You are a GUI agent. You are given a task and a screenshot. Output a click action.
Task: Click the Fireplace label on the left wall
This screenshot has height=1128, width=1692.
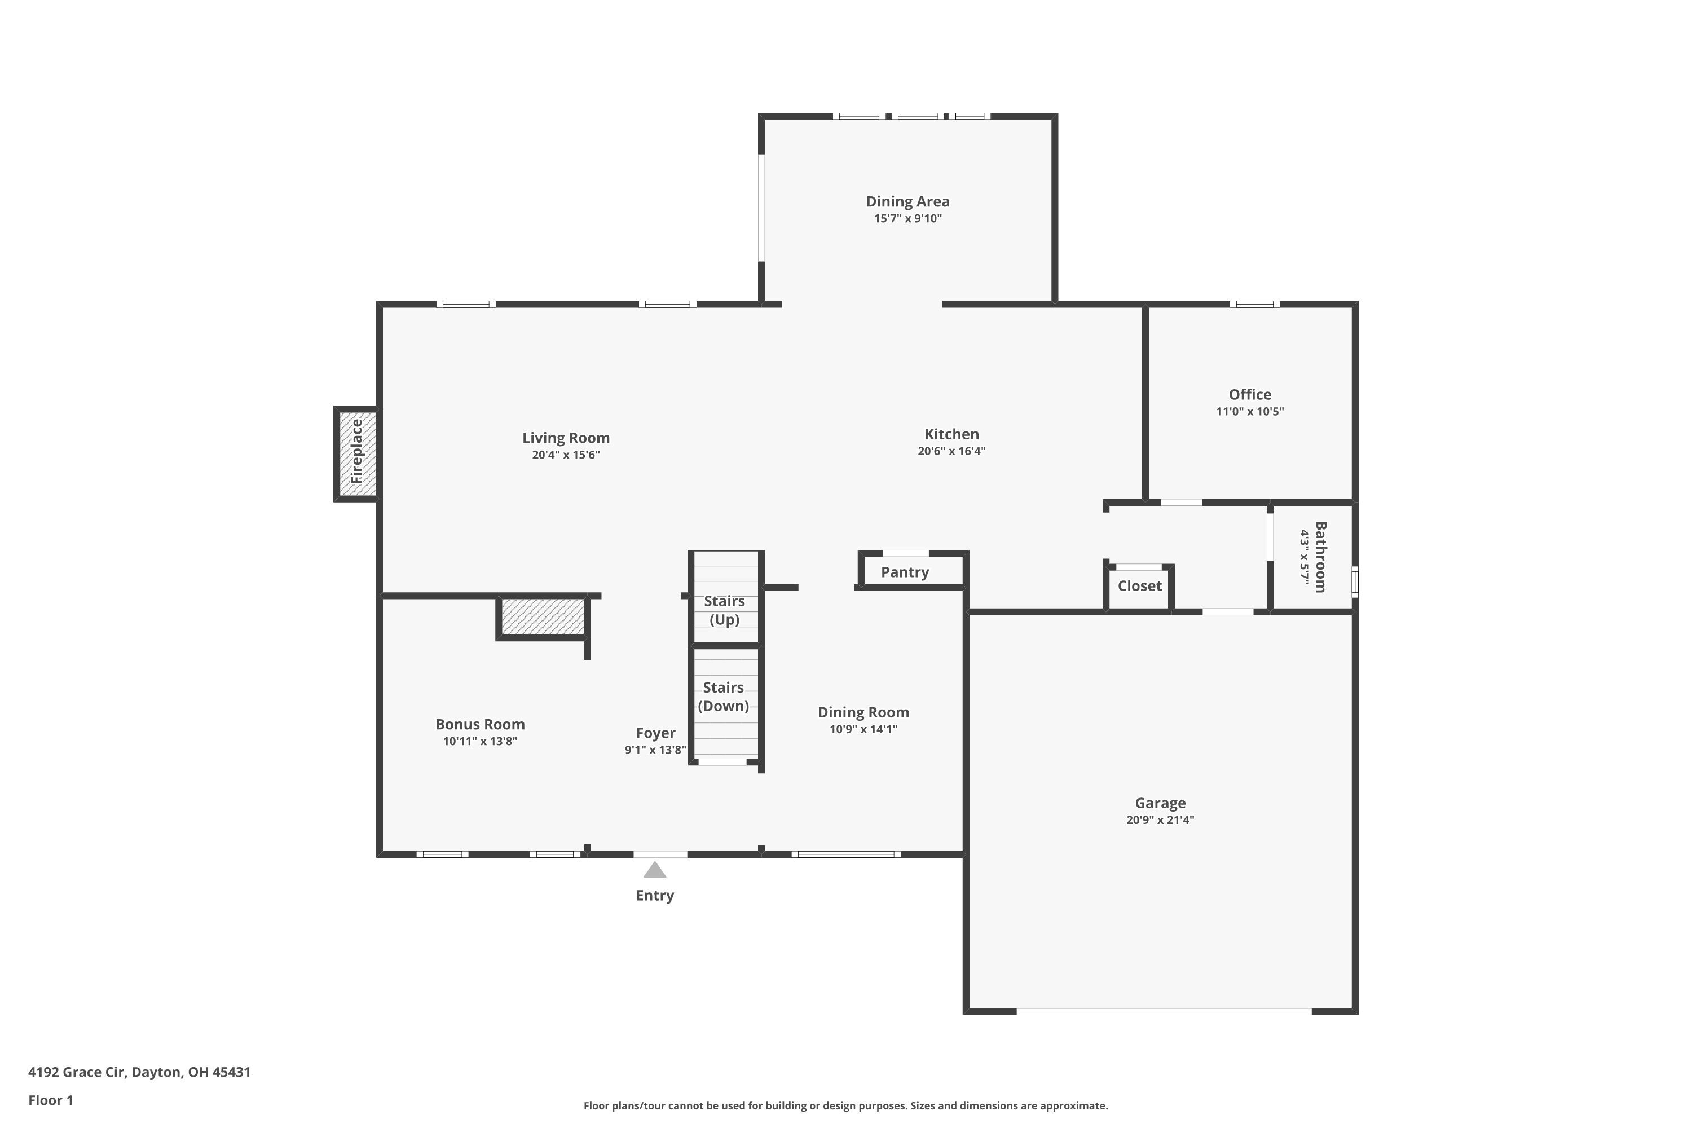(357, 452)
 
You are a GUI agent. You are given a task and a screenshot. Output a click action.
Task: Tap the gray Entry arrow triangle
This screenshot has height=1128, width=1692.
(655, 870)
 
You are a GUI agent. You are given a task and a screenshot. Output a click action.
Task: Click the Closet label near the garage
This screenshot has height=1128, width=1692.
(1139, 587)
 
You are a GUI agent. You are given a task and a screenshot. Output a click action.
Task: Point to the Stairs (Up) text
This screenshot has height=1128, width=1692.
(724, 610)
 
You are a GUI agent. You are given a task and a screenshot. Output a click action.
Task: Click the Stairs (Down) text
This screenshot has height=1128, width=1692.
(724, 697)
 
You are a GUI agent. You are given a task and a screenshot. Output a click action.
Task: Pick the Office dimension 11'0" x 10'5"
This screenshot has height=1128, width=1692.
(1250, 412)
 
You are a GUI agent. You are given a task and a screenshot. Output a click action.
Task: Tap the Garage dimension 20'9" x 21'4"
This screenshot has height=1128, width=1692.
(1160, 820)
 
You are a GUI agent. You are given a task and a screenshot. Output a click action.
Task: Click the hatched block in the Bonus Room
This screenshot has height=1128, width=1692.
(543, 617)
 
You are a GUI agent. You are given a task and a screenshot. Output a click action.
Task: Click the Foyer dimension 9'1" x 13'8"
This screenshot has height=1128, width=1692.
(655, 750)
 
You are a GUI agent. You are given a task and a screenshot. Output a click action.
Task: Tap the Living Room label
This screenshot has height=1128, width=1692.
(566, 438)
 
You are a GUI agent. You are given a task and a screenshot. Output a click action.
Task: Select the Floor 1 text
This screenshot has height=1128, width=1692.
(50, 1100)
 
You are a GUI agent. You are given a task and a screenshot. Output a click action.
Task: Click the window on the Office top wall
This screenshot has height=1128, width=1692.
(1254, 305)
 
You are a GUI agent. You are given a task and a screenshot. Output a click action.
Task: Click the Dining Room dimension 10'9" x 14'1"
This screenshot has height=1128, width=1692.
(863, 729)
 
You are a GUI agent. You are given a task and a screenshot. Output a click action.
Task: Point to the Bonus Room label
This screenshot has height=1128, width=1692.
(480, 724)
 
